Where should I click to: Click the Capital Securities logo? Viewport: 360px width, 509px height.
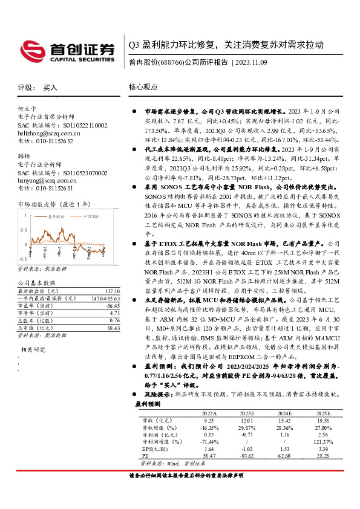(x=67, y=50)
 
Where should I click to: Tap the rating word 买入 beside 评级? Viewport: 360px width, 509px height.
(x=51, y=88)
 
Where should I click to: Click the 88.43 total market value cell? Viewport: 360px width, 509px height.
(x=113, y=328)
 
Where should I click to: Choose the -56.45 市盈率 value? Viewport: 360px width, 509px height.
(x=113, y=305)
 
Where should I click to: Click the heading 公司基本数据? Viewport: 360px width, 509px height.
(x=36, y=282)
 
